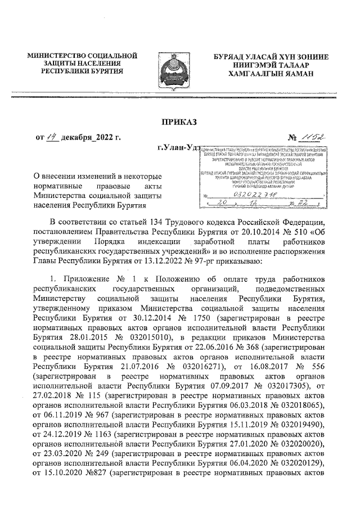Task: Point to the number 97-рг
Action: tap(186, 276)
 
